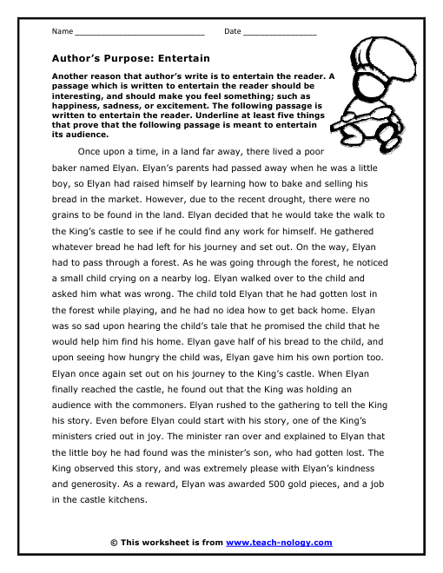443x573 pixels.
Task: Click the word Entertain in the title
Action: pyautogui.click(x=182, y=58)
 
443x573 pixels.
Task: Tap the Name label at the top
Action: pyautogui.click(x=62, y=32)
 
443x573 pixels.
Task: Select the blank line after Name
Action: pyautogui.click(x=139, y=33)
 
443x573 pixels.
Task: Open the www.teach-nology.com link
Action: pyautogui.click(x=279, y=543)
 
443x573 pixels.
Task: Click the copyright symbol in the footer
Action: pyautogui.click(x=115, y=543)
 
